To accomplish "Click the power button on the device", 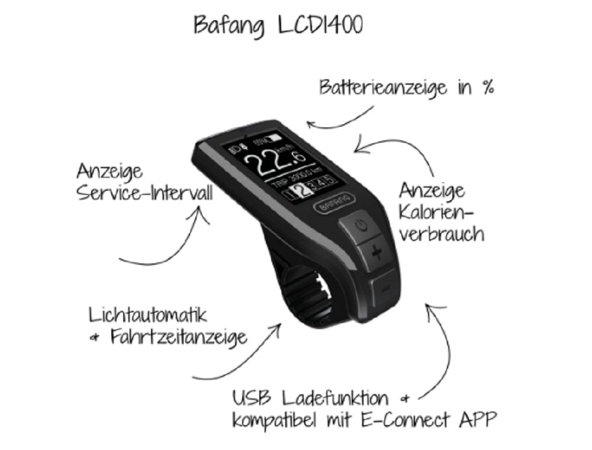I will (x=362, y=226).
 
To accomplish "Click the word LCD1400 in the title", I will (x=320, y=24).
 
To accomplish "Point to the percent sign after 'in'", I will (x=487, y=88).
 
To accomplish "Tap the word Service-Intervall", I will (x=144, y=194).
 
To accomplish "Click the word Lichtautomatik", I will (x=148, y=314).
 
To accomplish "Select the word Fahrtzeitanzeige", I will (x=178, y=338).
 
